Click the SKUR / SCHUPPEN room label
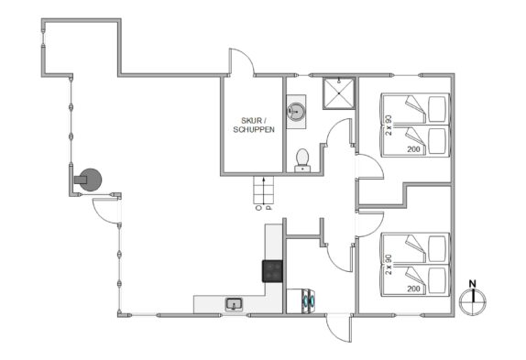[254, 125]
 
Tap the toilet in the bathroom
[302, 160]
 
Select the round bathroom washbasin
[296, 111]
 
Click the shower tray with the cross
[339, 93]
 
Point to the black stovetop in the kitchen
[272, 271]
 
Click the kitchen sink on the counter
[235, 304]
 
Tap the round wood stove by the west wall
[90, 180]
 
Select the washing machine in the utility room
[301, 301]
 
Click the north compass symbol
[473, 302]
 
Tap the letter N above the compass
[472, 284]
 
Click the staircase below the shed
[264, 190]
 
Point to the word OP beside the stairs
[263, 208]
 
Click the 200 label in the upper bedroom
[413, 149]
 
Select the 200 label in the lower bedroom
[413, 289]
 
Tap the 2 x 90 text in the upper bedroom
[389, 125]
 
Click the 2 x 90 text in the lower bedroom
[389, 264]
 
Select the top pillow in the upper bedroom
[438, 109]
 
